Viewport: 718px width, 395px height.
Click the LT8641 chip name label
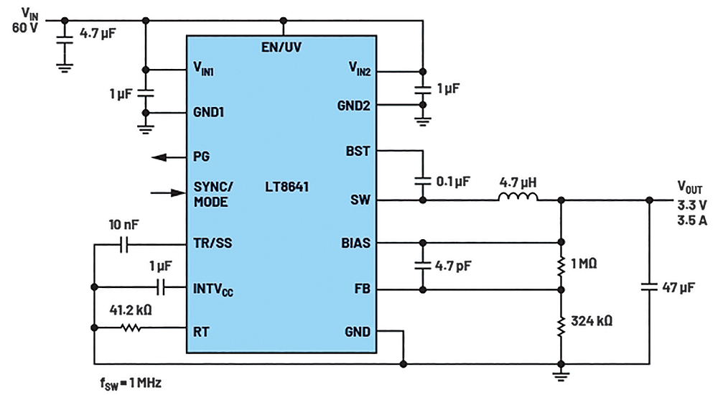[286, 187]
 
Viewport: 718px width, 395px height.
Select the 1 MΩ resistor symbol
[561, 266]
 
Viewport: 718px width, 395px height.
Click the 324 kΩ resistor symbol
[561, 326]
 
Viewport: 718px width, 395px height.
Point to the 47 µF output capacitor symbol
[649, 287]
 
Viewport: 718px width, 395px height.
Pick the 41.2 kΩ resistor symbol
[131, 327]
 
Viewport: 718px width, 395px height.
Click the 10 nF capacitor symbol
[123, 245]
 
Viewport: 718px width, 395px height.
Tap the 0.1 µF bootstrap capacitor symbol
[423, 181]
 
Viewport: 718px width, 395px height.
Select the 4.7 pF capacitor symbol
[423, 265]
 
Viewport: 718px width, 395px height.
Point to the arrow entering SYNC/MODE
[169, 193]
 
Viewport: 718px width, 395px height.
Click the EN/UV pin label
[281, 47]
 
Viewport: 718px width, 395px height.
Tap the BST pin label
[358, 152]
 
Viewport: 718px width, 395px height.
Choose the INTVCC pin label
[213, 289]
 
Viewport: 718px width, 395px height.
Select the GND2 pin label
[353, 106]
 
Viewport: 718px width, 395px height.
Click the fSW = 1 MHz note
[131, 383]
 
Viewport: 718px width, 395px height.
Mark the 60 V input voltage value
[24, 28]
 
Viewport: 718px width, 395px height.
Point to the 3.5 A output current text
[692, 220]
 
